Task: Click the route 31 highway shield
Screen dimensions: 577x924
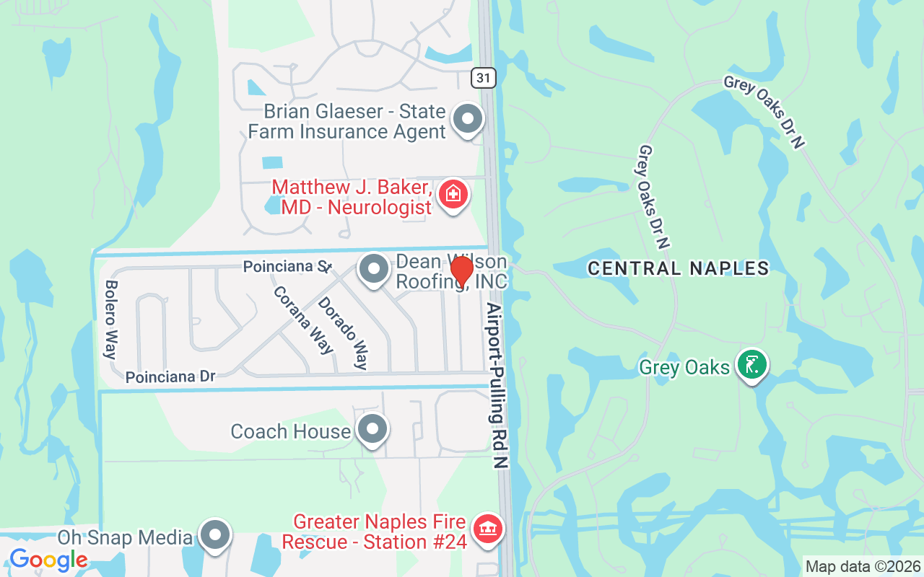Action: pyautogui.click(x=484, y=77)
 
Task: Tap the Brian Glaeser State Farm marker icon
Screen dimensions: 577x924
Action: pyautogui.click(x=467, y=119)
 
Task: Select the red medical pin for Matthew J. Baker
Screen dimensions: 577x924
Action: pyautogui.click(x=453, y=193)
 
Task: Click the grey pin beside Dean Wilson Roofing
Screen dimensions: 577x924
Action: pyautogui.click(x=373, y=270)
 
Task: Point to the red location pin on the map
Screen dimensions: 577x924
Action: pyautogui.click(x=461, y=271)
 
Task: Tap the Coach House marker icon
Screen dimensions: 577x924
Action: pyautogui.click(x=372, y=429)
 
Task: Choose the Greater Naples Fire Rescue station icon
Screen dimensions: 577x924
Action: pyautogui.click(x=487, y=529)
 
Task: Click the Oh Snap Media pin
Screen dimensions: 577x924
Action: pyautogui.click(x=215, y=535)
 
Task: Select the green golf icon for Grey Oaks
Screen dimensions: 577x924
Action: pyautogui.click(x=751, y=365)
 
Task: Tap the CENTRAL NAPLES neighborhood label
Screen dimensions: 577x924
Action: pyautogui.click(x=678, y=269)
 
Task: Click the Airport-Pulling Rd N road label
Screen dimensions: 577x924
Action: pyautogui.click(x=497, y=386)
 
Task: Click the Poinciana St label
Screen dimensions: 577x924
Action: pyautogui.click(x=287, y=267)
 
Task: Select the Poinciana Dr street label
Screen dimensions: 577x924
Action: pyautogui.click(x=170, y=377)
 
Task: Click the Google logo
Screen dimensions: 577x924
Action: pyautogui.click(x=48, y=559)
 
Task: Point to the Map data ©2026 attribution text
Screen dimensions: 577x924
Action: pyautogui.click(x=863, y=566)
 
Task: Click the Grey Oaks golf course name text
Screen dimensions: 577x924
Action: pyautogui.click(x=684, y=368)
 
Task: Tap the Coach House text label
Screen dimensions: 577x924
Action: pyautogui.click(x=290, y=431)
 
